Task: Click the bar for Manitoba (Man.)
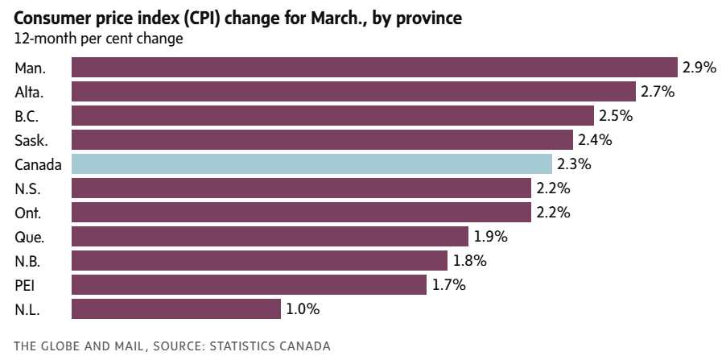tap(374, 68)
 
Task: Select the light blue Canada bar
tap(311, 164)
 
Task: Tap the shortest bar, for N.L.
tap(176, 309)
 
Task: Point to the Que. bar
tap(270, 237)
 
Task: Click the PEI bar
tap(249, 285)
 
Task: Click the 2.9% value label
tap(699, 68)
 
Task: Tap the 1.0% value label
tap(303, 309)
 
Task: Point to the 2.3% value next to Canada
tap(574, 164)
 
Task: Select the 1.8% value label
tap(469, 261)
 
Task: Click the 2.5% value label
tap(616, 116)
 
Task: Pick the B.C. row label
tap(28, 116)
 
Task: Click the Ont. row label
tap(28, 213)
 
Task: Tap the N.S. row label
tap(28, 188)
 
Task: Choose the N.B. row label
tap(28, 261)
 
